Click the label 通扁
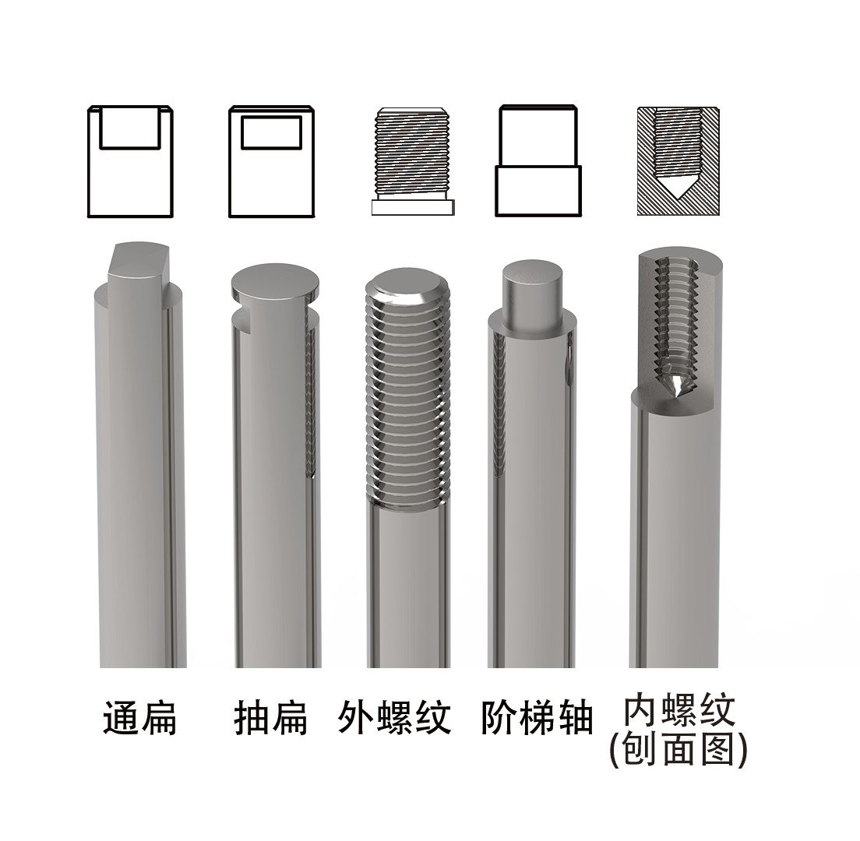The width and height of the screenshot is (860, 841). pyautogui.click(x=140, y=718)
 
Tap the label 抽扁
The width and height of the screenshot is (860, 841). pyautogui.click(x=271, y=718)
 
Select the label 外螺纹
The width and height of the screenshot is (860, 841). pyautogui.click(x=395, y=718)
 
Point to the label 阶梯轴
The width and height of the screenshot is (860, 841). pyautogui.click(x=537, y=718)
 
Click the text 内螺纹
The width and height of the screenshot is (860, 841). pyautogui.click(x=679, y=711)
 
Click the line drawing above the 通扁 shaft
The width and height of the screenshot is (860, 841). pyautogui.click(x=129, y=161)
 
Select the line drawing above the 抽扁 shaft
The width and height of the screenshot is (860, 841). pyautogui.click(x=271, y=161)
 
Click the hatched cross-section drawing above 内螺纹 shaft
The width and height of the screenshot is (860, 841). pyautogui.click(x=678, y=161)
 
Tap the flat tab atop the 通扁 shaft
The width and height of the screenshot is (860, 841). pyautogui.click(x=139, y=261)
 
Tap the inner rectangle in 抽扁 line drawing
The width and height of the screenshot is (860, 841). pyautogui.click(x=271, y=132)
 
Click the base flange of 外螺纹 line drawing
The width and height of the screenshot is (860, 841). pyautogui.click(x=413, y=208)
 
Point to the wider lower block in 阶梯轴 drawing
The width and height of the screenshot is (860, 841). pyautogui.click(x=538, y=191)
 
